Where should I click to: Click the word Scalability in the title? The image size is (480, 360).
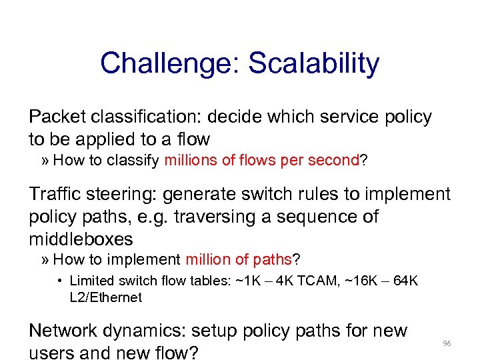click(313, 64)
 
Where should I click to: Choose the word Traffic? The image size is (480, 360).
click(57, 195)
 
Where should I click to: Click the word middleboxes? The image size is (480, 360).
click(80, 239)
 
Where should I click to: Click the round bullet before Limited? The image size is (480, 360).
click(59, 281)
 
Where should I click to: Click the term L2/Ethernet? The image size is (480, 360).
click(105, 297)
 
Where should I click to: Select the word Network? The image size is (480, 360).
click(61, 331)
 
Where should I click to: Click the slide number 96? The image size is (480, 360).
click(447, 343)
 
